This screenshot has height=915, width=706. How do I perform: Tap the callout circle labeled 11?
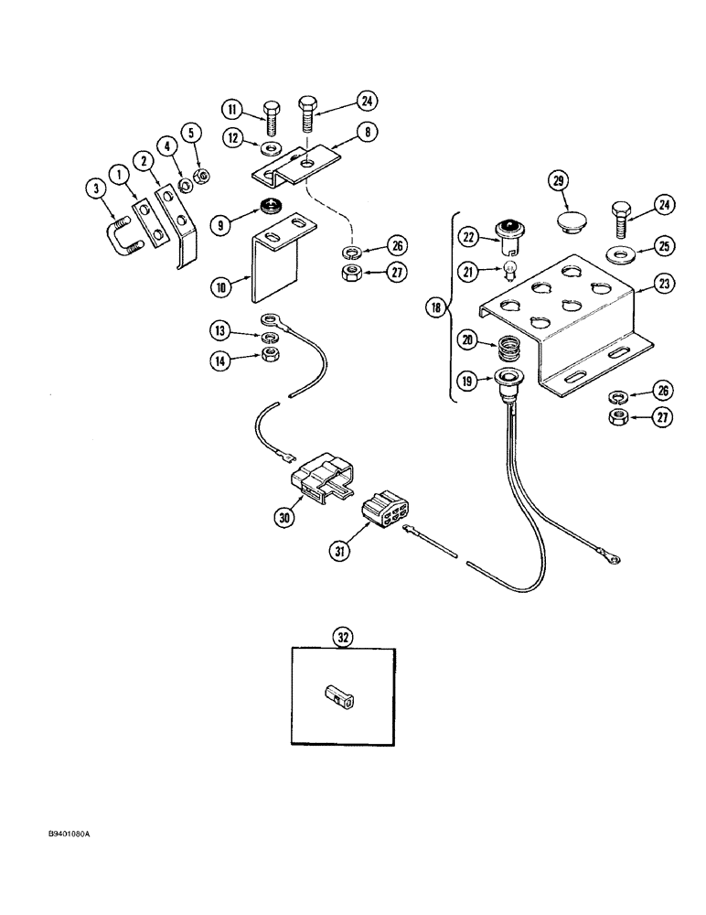coord(232,111)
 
